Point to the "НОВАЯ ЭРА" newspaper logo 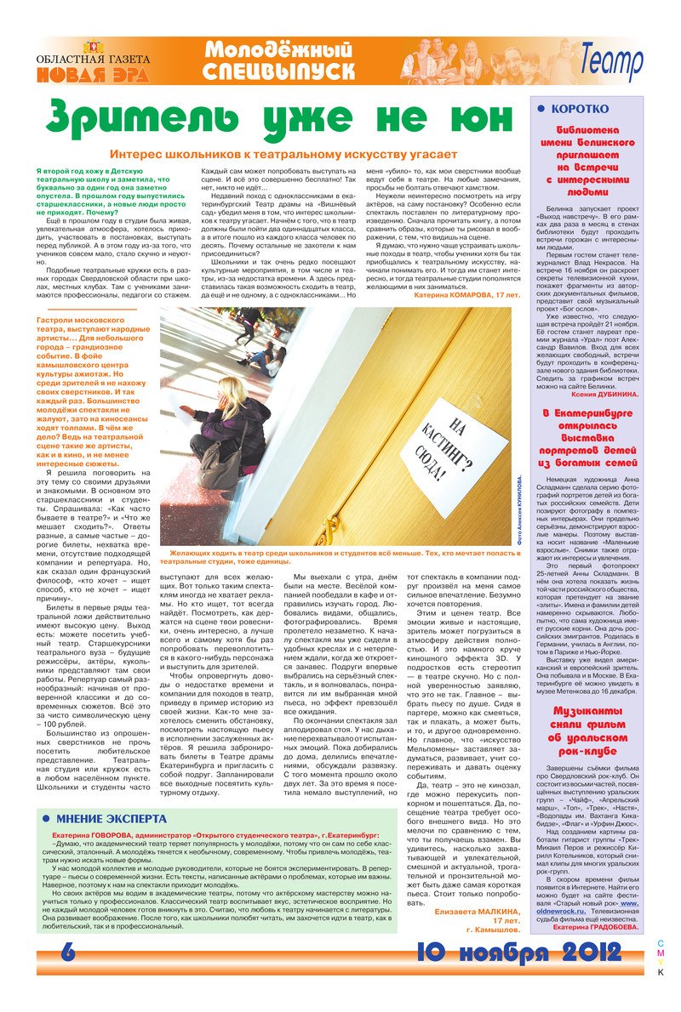point(93,66)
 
